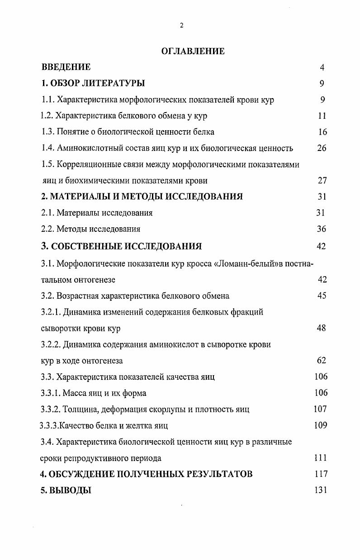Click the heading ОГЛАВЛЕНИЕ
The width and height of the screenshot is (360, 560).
[193, 51]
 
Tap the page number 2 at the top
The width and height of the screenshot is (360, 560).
[181, 26]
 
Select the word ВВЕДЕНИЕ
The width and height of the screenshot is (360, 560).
[66, 67]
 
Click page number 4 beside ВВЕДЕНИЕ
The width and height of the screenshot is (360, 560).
[322, 67]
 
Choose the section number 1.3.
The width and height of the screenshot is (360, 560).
[47, 132]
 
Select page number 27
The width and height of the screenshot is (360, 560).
[322, 181]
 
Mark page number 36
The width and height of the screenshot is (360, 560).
[322, 229]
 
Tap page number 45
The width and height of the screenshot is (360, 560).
[322, 296]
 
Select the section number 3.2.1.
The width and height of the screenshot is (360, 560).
[51, 312]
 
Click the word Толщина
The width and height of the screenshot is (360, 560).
[80, 409]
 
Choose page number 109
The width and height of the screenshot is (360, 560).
[321, 425]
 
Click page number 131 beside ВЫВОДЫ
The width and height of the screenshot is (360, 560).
[321, 490]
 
